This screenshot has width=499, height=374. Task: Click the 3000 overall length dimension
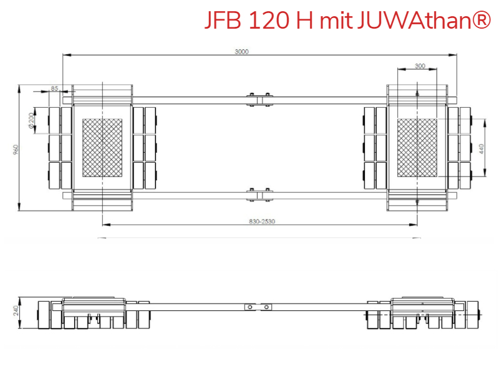click(242, 52)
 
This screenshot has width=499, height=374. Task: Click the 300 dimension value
click(420, 65)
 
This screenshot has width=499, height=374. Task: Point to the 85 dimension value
click(55, 89)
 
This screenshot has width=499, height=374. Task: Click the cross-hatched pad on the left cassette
click(102, 149)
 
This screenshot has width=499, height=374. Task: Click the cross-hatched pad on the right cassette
click(417, 149)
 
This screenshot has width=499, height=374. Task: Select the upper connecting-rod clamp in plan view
click(258, 100)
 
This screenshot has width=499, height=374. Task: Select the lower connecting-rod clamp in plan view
click(258, 194)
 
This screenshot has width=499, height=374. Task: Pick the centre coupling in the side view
click(258, 307)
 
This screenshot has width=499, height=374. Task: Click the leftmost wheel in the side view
click(44, 315)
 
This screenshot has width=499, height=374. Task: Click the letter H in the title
click(305, 21)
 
